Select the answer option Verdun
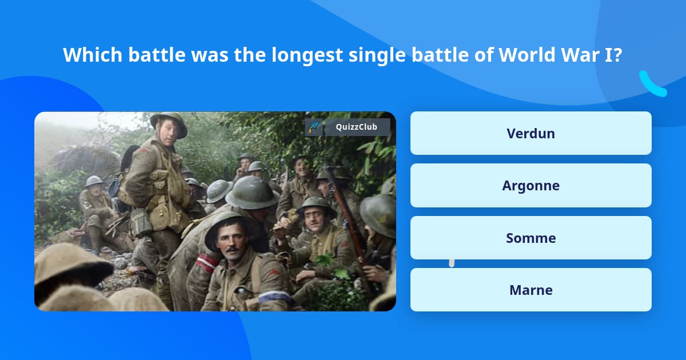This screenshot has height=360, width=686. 531,133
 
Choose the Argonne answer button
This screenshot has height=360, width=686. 531,186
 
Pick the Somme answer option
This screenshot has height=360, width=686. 531,238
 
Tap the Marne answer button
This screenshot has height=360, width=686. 531,290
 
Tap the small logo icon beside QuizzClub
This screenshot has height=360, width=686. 314,127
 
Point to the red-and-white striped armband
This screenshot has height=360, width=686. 206,262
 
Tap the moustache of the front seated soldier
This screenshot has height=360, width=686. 231,249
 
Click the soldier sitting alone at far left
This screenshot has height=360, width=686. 96,209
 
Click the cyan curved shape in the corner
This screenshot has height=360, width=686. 652,85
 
